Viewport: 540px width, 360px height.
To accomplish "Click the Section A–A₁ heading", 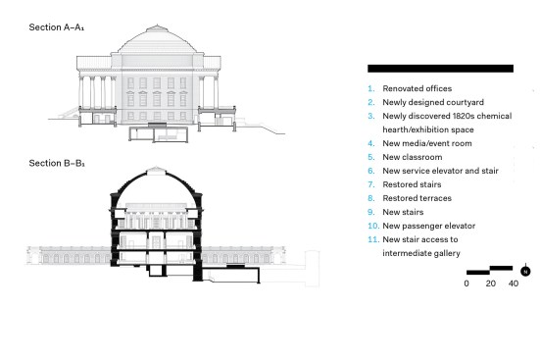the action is (57, 27).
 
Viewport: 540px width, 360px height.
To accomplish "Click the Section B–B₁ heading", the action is (57, 163).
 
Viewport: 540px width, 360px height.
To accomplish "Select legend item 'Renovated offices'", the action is (417, 88).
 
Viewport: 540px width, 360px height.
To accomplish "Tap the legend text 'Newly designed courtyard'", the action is (433, 102).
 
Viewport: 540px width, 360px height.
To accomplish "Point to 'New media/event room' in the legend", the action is (427, 143).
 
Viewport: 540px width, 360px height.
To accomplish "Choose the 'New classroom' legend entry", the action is (413, 157).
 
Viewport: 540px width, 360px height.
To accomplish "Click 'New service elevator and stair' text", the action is (440, 171).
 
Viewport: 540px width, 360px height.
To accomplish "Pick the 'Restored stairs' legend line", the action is (412, 184).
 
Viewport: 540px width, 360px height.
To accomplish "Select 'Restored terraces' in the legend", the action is (417, 198).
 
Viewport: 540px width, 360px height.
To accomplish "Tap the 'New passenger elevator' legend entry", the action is (428, 226).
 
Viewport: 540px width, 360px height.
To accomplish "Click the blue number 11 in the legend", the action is (373, 239).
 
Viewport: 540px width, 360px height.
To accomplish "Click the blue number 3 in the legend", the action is (370, 116).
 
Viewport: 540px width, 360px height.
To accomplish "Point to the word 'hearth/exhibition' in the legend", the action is (413, 130).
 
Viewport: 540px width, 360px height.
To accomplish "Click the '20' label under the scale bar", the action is (491, 283).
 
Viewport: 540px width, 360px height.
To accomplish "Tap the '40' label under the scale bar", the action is (514, 283).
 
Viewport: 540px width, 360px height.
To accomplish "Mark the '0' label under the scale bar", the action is (466, 283).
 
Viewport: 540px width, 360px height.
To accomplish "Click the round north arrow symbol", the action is (525, 272).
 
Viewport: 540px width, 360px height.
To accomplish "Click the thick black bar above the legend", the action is (440, 69).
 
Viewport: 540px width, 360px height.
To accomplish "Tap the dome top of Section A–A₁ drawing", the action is (157, 27).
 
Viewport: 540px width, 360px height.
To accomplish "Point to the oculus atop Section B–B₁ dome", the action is (156, 171).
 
